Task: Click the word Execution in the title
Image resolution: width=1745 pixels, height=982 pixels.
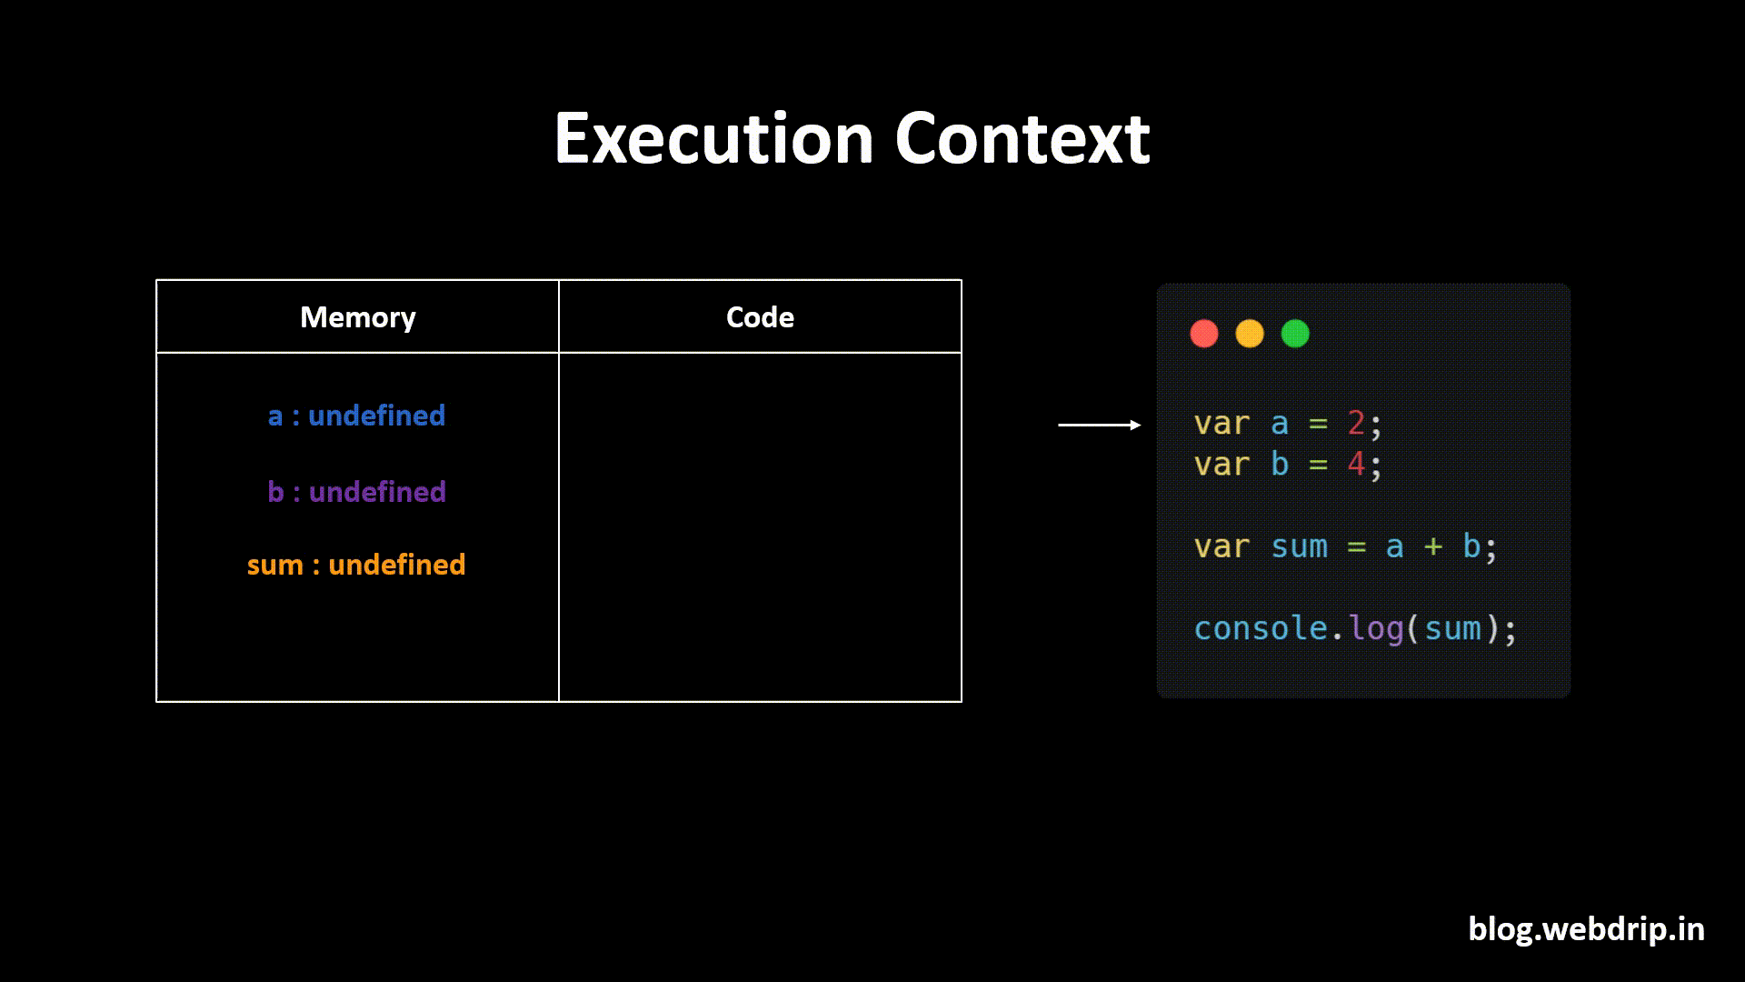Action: coord(713,138)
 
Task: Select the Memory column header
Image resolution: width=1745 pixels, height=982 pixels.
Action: coord(357,317)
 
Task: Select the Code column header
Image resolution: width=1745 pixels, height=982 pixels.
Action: coord(760,317)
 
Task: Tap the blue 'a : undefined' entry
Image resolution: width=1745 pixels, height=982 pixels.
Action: coord(356,416)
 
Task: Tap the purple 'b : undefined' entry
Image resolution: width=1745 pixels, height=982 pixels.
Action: coord(356,492)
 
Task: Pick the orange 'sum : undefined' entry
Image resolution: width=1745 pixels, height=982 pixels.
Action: coord(356,565)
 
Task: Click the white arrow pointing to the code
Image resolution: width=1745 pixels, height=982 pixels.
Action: coord(1099,425)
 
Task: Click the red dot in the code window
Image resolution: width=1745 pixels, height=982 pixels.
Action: coord(1204,334)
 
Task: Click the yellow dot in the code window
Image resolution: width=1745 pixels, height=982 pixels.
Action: coord(1250,334)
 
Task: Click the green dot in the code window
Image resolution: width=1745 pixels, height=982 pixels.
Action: coord(1295,334)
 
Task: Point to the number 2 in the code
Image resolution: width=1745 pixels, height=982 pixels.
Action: coord(1356,423)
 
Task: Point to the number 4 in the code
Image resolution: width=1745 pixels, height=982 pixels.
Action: coord(1356,464)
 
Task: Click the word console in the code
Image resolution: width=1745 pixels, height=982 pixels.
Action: coord(1260,628)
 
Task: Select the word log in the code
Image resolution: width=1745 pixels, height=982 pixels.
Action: coord(1376,628)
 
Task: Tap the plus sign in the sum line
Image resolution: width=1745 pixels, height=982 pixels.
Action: coord(1433,546)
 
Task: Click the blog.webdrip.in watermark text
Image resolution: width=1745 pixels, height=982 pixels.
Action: coord(1586,928)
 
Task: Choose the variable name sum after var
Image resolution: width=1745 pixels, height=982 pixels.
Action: coord(1299,546)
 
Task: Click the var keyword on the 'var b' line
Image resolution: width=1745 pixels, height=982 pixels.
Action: coord(1221,464)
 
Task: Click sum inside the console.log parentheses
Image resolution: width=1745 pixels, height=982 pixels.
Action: coord(1452,628)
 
